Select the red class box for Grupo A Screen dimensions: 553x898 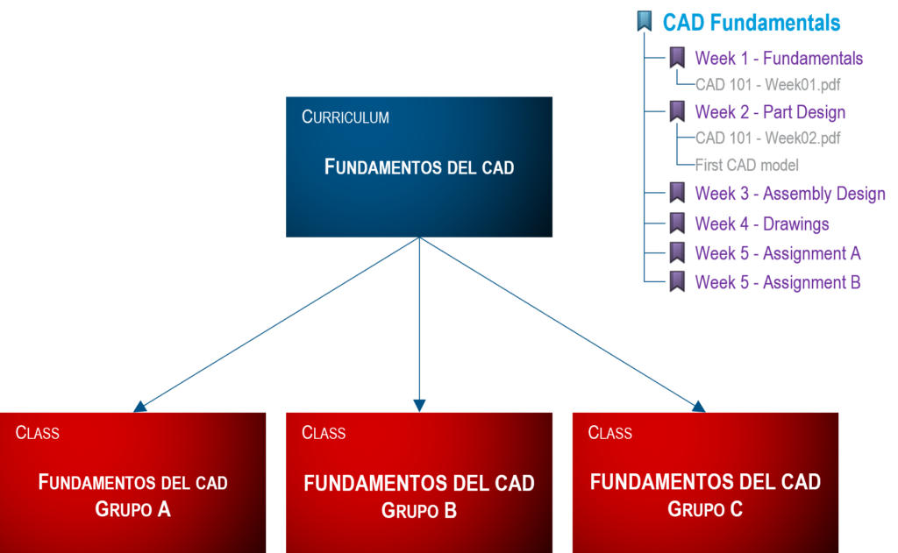(132, 482)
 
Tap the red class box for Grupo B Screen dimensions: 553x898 (419, 482)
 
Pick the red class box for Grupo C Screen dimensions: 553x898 (705, 482)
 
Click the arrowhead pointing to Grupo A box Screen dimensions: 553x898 (139, 405)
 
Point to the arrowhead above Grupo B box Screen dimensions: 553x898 (419, 404)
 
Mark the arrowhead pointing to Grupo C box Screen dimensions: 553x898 (698, 405)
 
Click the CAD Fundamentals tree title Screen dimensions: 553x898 (751, 22)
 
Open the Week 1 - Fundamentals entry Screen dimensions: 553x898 (779, 59)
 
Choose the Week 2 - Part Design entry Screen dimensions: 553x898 (770, 112)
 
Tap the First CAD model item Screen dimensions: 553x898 (747, 165)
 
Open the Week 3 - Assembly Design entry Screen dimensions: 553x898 (790, 194)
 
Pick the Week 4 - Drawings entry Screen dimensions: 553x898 (762, 223)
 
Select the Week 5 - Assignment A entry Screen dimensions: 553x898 (778, 253)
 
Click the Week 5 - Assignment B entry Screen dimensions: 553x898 (778, 282)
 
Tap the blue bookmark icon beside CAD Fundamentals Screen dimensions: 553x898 (645, 22)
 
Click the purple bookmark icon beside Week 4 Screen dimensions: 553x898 (677, 223)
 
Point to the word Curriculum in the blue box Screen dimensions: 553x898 (346, 117)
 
